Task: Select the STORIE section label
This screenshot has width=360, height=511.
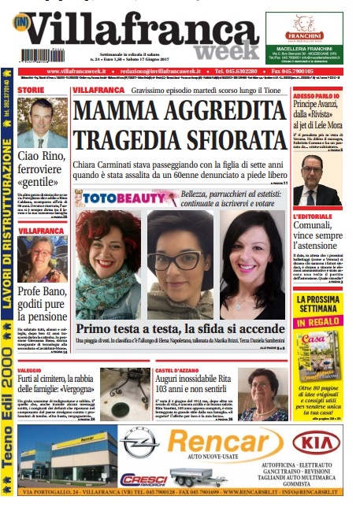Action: pyautogui.click(x=32, y=91)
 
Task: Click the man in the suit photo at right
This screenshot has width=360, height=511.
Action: pyautogui.click(x=314, y=180)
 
